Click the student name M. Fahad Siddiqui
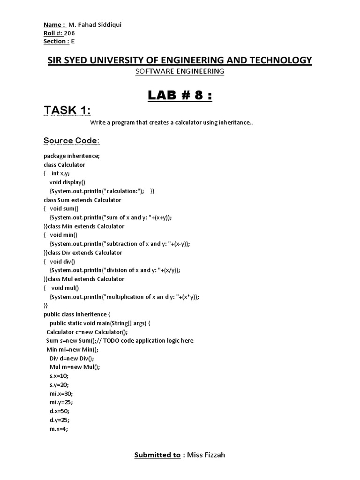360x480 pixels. tap(95, 24)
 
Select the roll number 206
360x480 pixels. tap(70, 33)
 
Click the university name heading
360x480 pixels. tap(180, 60)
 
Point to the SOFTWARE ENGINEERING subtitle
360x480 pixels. tap(180, 71)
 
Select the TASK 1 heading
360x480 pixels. tap(67, 111)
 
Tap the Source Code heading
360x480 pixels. tap(71, 141)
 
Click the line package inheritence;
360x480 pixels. tap(71, 156)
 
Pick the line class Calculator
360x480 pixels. tap(65, 165)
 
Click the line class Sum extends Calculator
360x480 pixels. tap(82, 200)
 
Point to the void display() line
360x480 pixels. tap(67, 182)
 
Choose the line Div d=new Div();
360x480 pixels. tap(71, 358)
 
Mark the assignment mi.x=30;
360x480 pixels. tap(61, 393)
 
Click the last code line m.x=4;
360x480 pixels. tap(59, 428)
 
